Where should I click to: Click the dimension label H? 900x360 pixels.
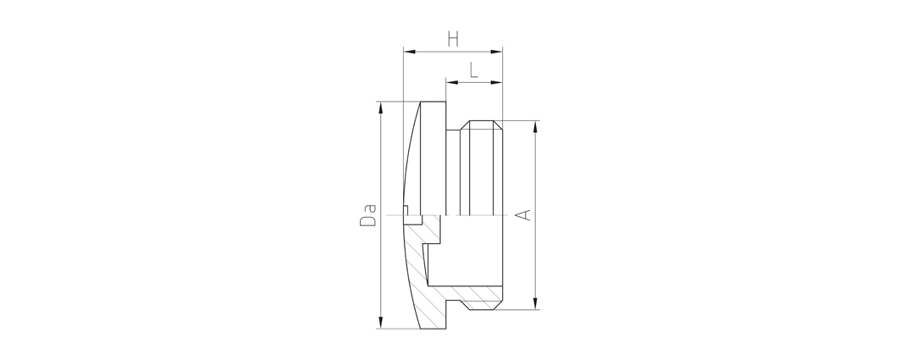(453, 39)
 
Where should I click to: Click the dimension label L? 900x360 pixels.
(473, 70)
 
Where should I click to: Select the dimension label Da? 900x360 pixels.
(368, 215)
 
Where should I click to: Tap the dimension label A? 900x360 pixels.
(523, 215)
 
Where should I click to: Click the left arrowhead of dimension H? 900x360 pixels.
(409, 52)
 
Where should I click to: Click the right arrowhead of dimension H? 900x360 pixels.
(496, 52)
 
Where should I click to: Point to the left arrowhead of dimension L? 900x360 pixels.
(452, 83)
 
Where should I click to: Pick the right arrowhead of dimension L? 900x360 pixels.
(496, 83)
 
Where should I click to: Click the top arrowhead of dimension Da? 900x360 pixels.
(380, 108)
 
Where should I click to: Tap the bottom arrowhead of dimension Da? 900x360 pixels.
(380, 323)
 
